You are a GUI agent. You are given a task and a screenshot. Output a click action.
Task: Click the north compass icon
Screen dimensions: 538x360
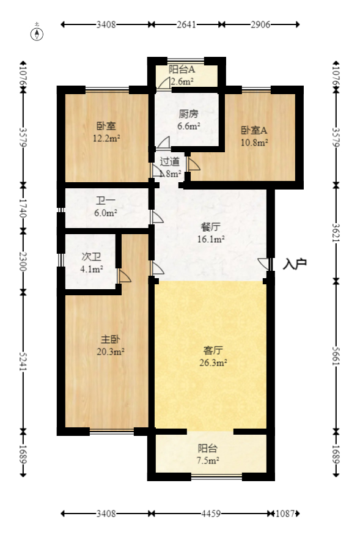pos(38,33)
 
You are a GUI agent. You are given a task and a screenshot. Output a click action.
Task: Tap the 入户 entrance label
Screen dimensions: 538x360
pos(295,264)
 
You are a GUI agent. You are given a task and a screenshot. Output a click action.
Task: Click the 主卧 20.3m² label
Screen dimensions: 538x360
pos(111,345)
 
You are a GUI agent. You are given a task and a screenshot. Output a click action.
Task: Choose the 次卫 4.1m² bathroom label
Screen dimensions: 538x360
pos(92,262)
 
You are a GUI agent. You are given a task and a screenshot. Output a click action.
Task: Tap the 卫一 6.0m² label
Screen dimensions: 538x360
pos(105,207)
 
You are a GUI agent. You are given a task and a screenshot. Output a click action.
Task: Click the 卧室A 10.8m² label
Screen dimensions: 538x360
pos(254,136)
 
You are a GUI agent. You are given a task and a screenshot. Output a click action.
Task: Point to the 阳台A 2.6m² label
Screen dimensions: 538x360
pos(182,75)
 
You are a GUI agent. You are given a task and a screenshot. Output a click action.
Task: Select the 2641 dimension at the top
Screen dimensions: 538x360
pos(186,25)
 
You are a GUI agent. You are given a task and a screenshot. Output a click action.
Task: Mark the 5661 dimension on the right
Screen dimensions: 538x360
pos(335,355)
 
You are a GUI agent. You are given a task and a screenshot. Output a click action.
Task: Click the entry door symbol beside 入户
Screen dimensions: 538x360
pos(264,263)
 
